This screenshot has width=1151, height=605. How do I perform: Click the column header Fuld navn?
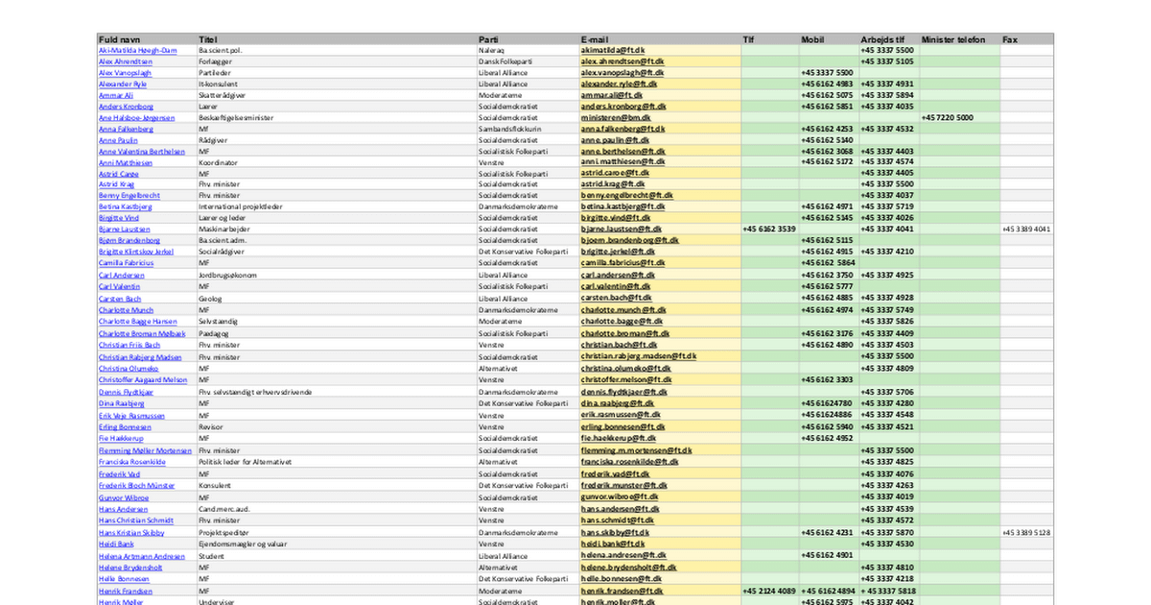click(x=120, y=39)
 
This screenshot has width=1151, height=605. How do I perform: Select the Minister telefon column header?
click(x=953, y=39)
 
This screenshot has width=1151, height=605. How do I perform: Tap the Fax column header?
click(x=1010, y=39)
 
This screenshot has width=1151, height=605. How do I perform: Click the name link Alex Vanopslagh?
click(x=125, y=72)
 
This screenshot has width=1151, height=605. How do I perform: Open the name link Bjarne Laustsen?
click(x=124, y=230)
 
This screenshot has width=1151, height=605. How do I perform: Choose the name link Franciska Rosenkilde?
click(x=131, y=462)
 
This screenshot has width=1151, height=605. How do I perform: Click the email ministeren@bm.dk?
click(x=616, y=117)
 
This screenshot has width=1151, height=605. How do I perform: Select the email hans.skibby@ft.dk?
click(x=615, y=532)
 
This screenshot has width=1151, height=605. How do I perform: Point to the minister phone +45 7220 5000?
click(x=947, y=117)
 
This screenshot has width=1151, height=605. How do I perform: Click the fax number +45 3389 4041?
click(x=1026, y=230)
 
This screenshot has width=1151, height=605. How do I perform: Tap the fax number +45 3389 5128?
click(x=1026, y=532)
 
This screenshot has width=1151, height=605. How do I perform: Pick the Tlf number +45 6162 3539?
click(x=769, y=230)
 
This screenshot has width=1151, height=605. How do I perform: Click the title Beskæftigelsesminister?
click(x=240, y=117)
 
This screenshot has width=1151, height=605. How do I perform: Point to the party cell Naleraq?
click(x=490, y=50)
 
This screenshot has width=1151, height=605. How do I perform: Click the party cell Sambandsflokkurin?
click(x=509, y=128)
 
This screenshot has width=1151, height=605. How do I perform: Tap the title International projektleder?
click(x=240, y=206)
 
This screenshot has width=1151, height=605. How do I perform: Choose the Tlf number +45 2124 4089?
click(x=769, y=592)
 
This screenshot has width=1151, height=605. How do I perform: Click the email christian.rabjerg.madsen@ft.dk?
click(x=638, y=356)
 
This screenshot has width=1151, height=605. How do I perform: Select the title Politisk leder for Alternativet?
click(x=244, y=462)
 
